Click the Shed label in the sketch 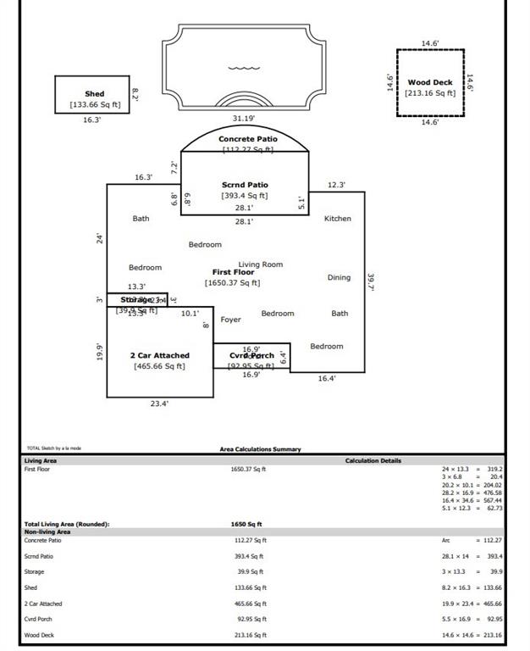pyautogui.click(x=94, y=94)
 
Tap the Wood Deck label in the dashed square pyautogui.click(x=430, y=82)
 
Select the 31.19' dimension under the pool pyautogui.click(x=244, y=119)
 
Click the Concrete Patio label pyautogui.click(x=247, y=139)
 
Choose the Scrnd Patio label pyautogui.click(x=245, y=185)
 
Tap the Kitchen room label pyautogui.click(x=338, y=219)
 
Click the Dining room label pyautogui.click(x=339, y=277)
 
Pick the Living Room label pyautogui.click(x=260, y=264)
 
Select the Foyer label pyautogui.click(x=230, y=320)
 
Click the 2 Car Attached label pyautogui.click(x=159, y=355)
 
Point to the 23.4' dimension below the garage pyautogui.click(x=159, y=404)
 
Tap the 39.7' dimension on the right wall pyautogui.click(x=371, y=281)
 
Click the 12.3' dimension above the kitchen pyautogui.click(x=336, y=185)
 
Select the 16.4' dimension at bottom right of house pyautogui.click(x=327, y=379)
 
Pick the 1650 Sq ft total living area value pyautogui.click(x=246, y=525)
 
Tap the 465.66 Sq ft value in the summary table pyautogui.click(x=248, y=604)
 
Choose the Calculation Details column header pyautogui.click(x=373, y=460)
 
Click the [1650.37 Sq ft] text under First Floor pyautogui.click(x=232, y=283)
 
